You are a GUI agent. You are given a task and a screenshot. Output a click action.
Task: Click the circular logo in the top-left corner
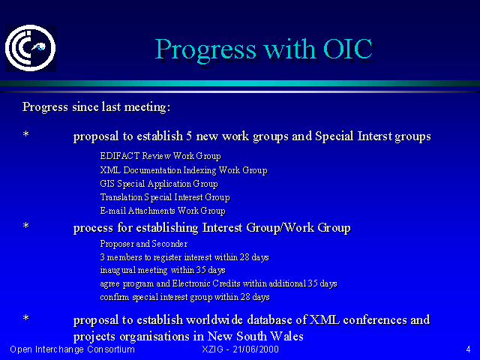(31, 48)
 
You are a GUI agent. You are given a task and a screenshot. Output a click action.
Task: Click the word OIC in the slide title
(348, 49)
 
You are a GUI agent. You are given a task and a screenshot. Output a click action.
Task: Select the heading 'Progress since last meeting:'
(96, 107)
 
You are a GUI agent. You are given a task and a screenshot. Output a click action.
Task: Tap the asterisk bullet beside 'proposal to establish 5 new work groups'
(26, 134)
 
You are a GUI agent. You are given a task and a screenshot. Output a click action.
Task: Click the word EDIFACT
(120, 156)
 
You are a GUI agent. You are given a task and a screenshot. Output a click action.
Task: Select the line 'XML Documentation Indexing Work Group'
(184, 170)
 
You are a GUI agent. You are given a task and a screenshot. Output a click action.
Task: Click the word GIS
(107, 184)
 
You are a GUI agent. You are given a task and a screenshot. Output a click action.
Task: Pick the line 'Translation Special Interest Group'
(165, 197)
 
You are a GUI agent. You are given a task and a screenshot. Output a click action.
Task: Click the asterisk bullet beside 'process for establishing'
(26, 226)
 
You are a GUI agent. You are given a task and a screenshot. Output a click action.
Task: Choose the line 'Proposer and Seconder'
(143, 244)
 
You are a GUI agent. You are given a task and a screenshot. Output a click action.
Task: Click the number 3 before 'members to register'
(103, 257)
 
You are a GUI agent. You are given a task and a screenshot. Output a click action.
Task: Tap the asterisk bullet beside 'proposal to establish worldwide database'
(26, 318)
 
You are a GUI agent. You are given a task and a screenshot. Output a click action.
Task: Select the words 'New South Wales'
(256, 336)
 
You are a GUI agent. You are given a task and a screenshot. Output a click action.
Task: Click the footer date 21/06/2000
(256, 349)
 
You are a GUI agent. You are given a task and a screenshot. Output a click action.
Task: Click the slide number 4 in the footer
(468, 349)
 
